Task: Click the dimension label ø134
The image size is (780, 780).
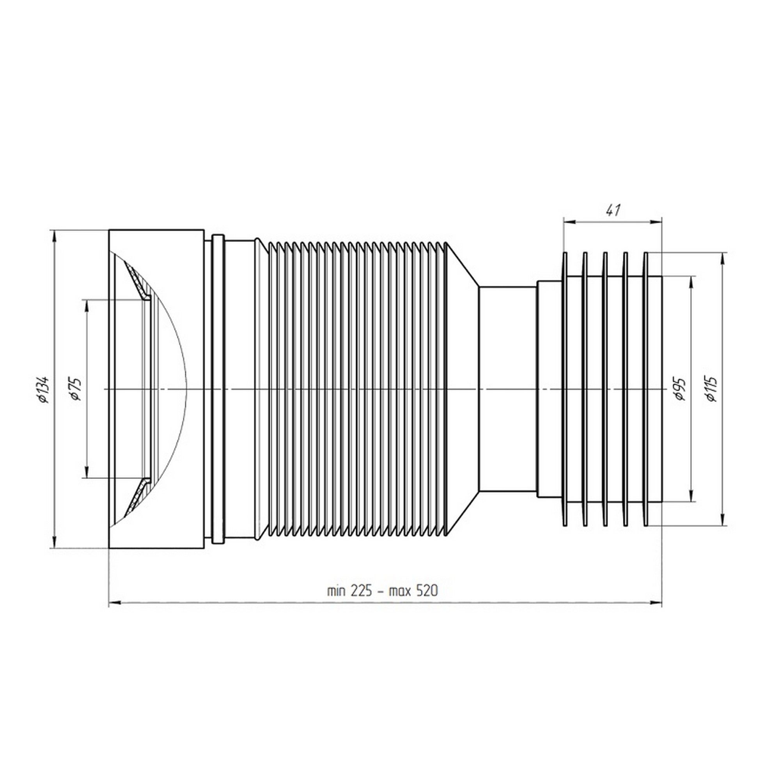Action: pos(43,389)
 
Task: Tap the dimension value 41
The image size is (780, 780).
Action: pos(613,210)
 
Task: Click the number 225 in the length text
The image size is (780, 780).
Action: pos(362,591)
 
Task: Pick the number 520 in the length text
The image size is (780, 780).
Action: pos(426,591)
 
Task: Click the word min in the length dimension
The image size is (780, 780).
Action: pos(336,592)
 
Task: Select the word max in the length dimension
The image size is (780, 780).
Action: pos(400,592)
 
